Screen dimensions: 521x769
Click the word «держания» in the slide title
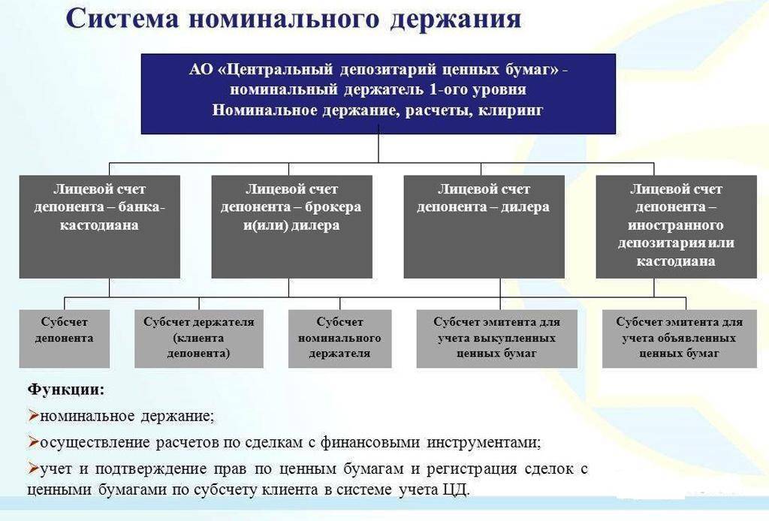click(456, 19)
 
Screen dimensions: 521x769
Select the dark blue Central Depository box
click(378, 93)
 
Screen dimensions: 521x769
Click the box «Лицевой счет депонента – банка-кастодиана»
click(99, 226)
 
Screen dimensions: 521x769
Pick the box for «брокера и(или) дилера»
click(291, 226)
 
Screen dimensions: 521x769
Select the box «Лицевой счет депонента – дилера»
click(484, 226)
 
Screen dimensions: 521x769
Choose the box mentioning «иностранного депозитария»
click(676, 226)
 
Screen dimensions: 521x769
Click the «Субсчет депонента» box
click(64, 339)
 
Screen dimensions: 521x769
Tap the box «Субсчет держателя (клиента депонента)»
click(198, 339)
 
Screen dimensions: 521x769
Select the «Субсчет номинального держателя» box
click(339, 339)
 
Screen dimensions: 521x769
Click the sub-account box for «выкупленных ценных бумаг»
click(496, 339)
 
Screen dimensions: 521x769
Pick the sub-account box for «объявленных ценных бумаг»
click(679, 339)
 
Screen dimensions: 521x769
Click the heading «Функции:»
click(65, 390)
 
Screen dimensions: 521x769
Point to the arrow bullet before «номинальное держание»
click(32, 415)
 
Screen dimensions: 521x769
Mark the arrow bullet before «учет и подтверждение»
click(32, 468)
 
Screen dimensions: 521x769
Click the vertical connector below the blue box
click(378, 148)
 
